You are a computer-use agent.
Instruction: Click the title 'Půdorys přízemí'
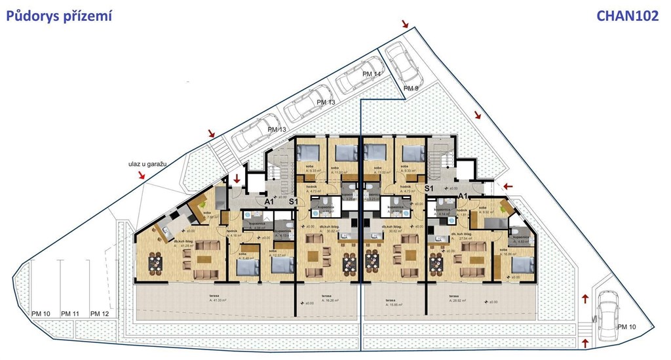[60, 16]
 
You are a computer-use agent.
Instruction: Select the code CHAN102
[627, 16]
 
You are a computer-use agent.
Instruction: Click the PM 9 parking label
[410, 88]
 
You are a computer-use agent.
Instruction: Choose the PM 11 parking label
[70, 314]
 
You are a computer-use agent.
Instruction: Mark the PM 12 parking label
[100, 314]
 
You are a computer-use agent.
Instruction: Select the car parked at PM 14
[355, 80]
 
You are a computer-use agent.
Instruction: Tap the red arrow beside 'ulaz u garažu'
[140, 175]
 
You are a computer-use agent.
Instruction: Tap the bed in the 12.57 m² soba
[282, 264]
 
